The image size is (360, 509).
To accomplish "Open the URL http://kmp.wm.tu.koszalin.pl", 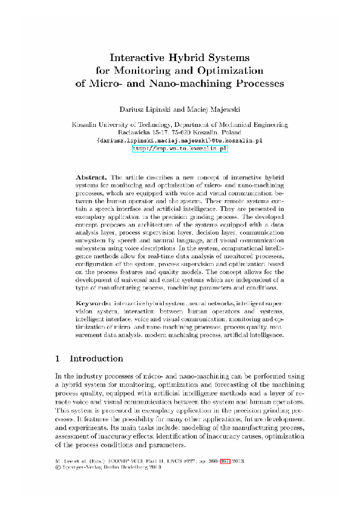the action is (179, 147).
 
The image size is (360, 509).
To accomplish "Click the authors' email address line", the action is (179, 140).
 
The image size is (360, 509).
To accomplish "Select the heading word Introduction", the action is (97, 358).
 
